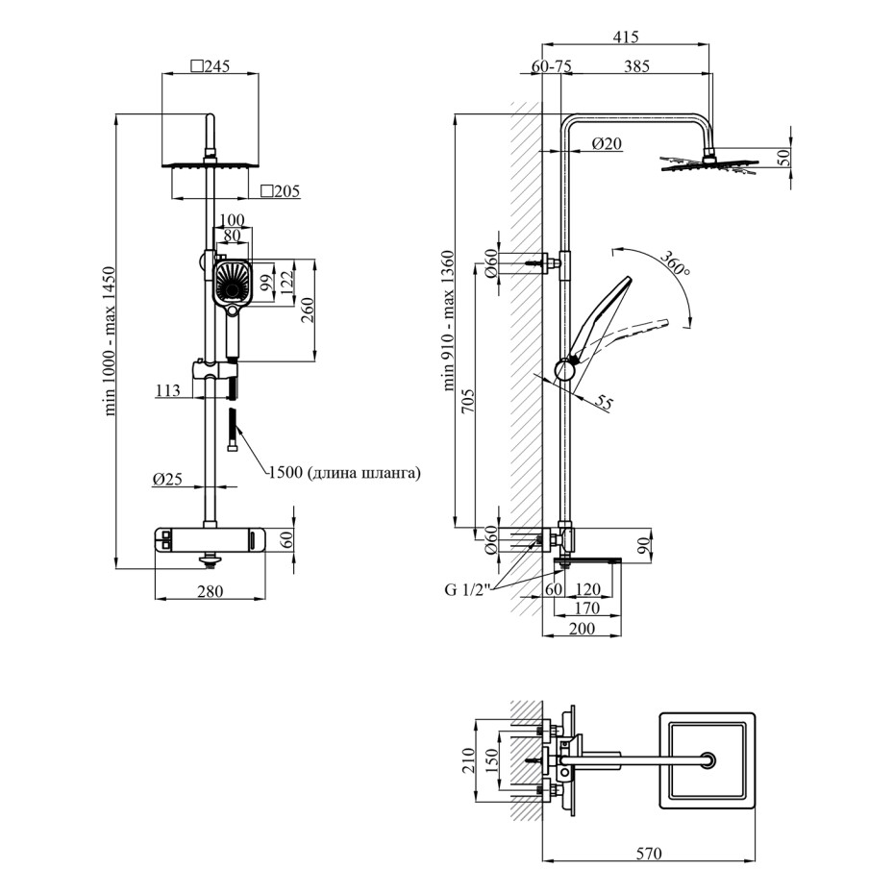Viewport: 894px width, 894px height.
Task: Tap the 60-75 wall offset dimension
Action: [552, 66]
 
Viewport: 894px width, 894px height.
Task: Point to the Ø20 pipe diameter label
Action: [607, 143]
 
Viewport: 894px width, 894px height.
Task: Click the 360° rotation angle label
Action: [676, 264]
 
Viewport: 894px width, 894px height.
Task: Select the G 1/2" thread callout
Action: [467, 588]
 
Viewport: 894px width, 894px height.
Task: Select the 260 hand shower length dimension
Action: [308, 310]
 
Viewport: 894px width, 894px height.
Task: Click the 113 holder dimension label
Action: [167, 390]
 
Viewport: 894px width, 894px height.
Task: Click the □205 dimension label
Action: [280, 191]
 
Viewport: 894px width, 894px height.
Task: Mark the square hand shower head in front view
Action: [231, 282]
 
